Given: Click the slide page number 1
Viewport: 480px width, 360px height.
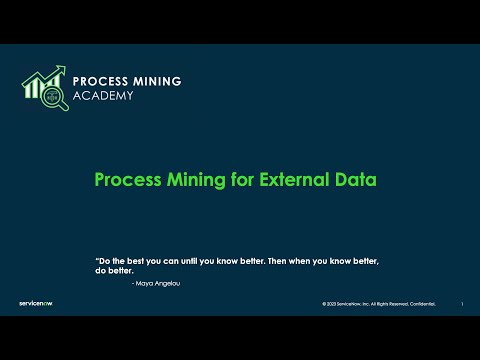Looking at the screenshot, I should pyautogui.click(x=461, y=304).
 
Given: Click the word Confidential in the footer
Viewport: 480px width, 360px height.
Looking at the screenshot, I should pyautogui.click(x=422, y=304).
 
